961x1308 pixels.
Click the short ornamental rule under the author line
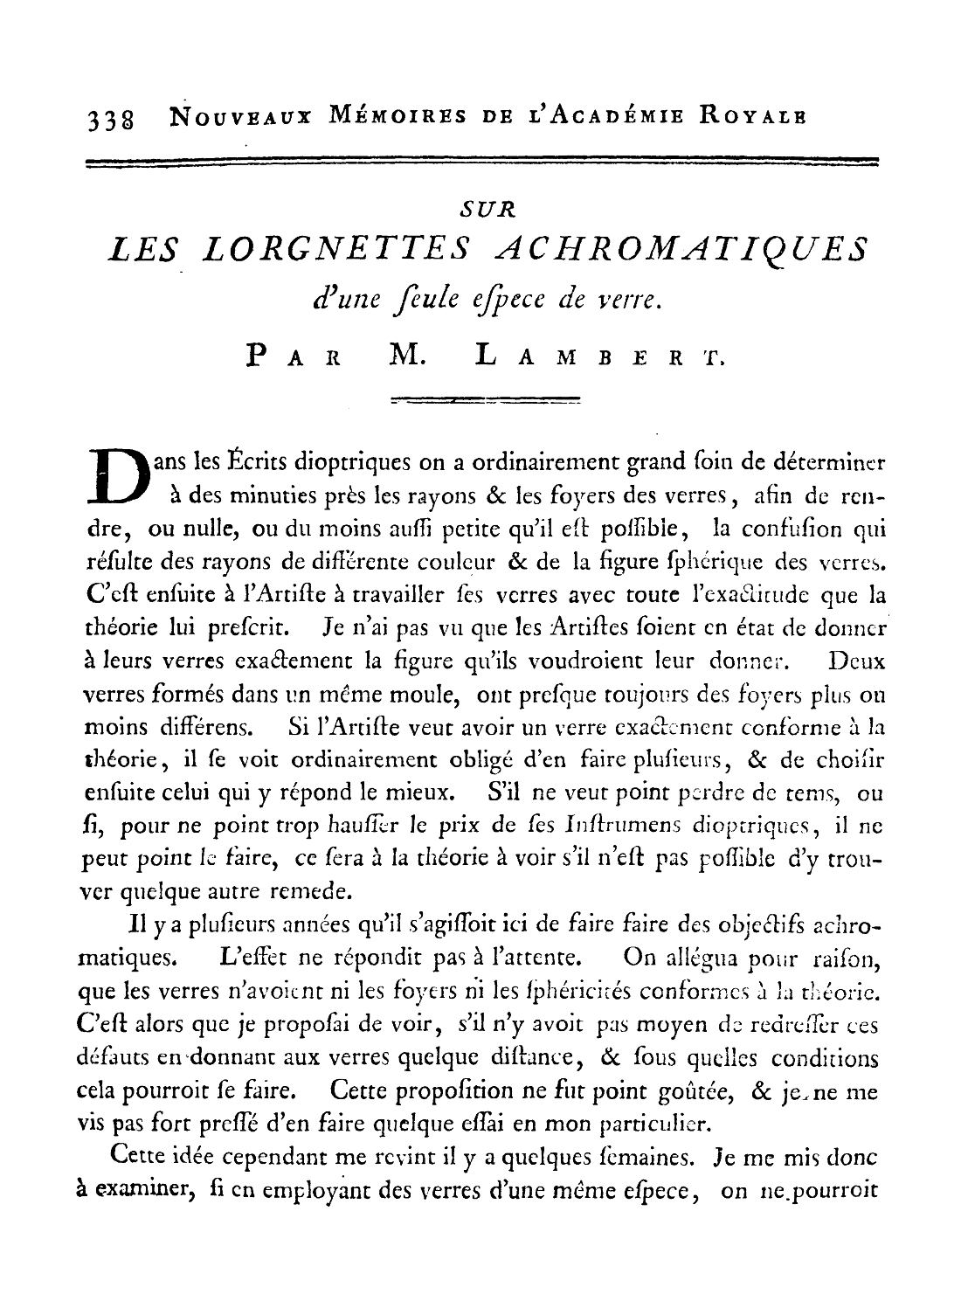tap(486, 402)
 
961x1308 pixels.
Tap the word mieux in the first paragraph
tap(425, 793)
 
